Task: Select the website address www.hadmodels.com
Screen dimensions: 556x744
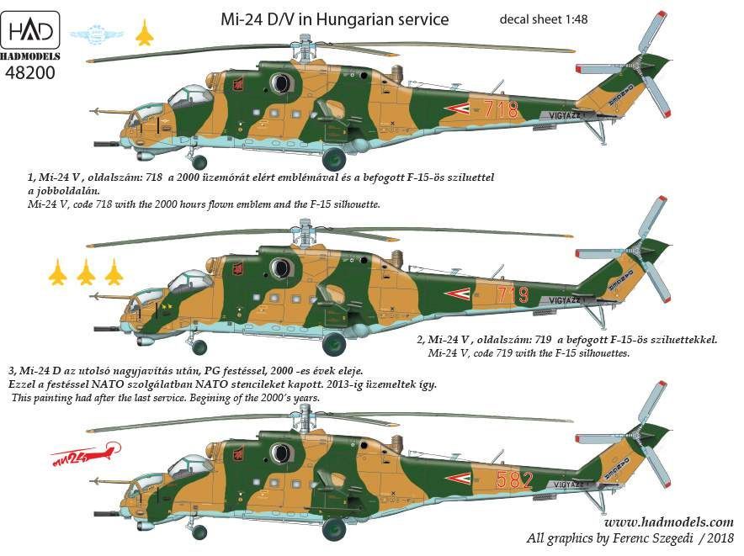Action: pyautogui.click(x=661, y=522)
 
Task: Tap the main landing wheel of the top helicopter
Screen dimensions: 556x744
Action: pyautogui.click(x=334, y=158)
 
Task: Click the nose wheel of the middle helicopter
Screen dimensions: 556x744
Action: pyautogui.click(x=199, y=346)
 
